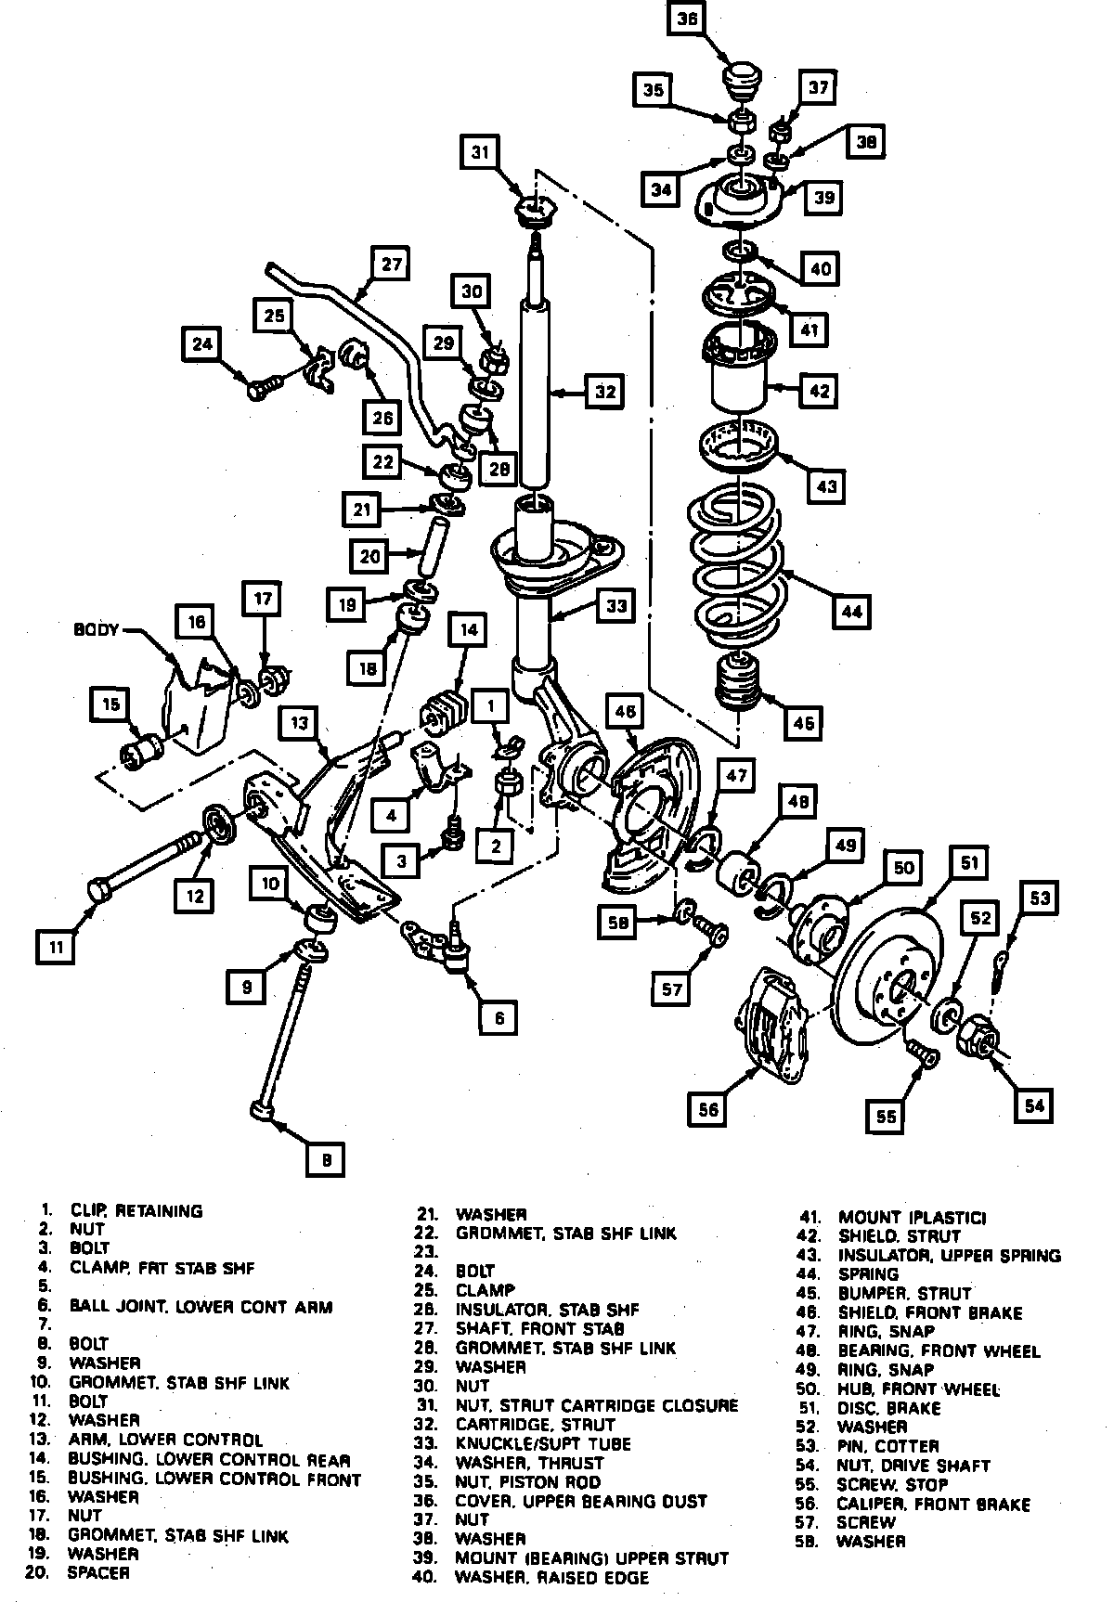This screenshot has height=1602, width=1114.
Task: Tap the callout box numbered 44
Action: (x=851, y=611)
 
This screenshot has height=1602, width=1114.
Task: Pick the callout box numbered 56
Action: (x=708, y=1110)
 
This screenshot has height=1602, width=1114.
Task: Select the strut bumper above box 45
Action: (x=740, y=683)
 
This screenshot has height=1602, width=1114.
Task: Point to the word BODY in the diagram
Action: (x=96, y=630)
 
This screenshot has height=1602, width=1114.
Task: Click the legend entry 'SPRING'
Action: (x=868, y=1274)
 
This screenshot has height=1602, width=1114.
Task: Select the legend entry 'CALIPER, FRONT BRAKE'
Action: (x=933, y=1504)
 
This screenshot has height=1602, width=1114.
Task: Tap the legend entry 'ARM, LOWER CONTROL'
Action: (x=165, y=1440)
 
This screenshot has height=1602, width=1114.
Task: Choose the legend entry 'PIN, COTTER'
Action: (x=887, y=1446)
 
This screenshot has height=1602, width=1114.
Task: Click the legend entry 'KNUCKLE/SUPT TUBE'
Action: (x=543, y=1443)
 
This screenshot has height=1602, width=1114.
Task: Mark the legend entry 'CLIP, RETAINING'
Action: (x=136, y=1210)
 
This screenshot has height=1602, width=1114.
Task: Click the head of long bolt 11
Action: (x=99, y=889)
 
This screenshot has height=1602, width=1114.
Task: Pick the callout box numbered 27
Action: (x=391, y=265)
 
